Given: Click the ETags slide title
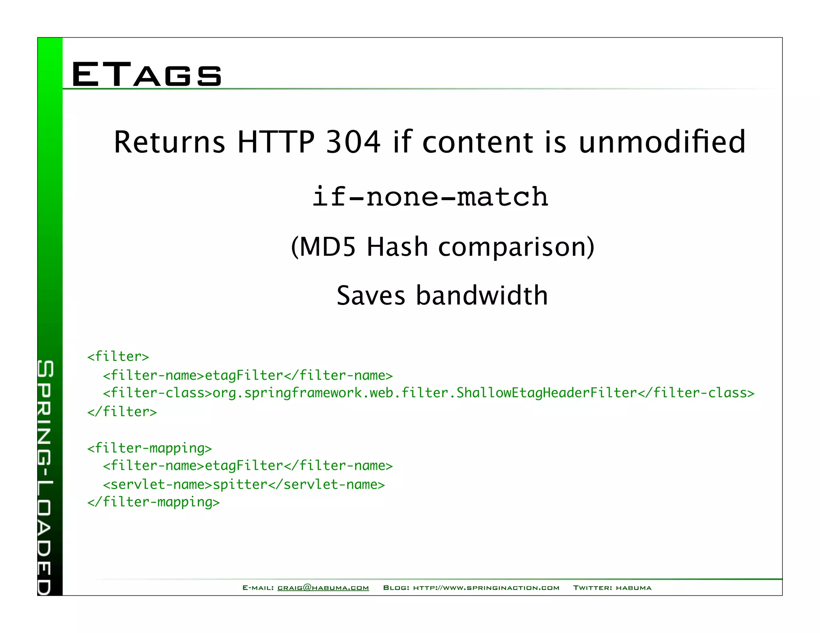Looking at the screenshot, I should pos(147,74).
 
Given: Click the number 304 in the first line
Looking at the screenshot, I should pos(353,142).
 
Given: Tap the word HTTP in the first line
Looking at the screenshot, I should pos(276,142).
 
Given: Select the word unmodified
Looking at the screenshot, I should pos(662,142).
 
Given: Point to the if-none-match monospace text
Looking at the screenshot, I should pos(430,197).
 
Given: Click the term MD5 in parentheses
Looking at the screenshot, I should pos(327,246).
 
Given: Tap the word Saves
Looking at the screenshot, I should pos(371,296).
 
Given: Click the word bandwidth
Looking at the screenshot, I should pos(482,296).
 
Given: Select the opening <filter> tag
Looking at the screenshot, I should pos(118,356).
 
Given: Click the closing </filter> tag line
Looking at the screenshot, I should pos(122,411).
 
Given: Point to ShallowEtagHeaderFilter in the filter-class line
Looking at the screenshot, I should pos(546,393).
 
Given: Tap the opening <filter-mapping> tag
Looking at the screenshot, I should pos(149,448).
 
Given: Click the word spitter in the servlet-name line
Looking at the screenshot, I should pos(240,485).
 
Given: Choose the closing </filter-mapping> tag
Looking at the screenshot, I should pos(153,502).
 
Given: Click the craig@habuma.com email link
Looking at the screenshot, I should pos(323,588).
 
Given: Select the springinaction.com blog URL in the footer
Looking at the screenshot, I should pos(486,588).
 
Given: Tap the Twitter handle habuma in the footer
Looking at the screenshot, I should pos(633,588).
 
